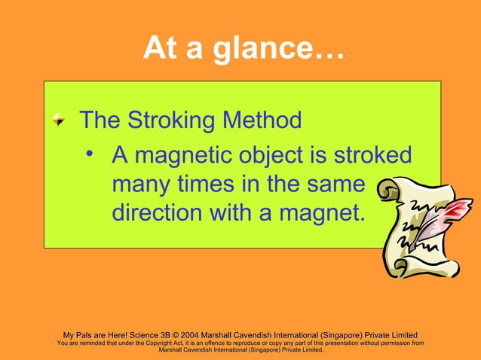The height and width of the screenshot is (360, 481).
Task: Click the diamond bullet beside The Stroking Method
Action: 59,121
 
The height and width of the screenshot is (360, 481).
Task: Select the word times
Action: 213,185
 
